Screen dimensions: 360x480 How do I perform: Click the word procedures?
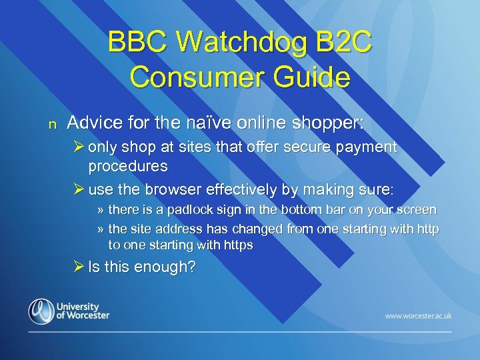pyautogui.click(x=127, y=165)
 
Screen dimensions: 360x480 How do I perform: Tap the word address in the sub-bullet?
pyautogui.click(x=174, y=229)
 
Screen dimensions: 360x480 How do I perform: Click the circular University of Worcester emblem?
pyautogui.click(x=42, y=311)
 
